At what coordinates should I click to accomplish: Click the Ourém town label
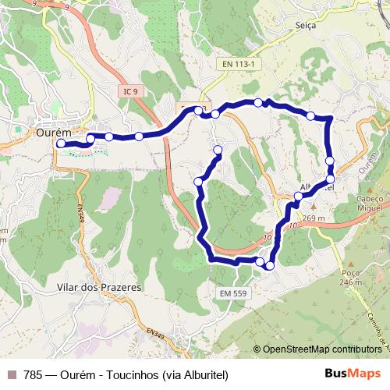click(53, 133)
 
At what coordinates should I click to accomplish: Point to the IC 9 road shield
click(130, 91)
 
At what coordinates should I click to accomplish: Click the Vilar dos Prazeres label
click(99, 287)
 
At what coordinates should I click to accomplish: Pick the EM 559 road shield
click(234, 292)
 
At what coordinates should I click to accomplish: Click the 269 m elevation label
click(314, 218)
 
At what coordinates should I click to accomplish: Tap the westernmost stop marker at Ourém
click(61, 144)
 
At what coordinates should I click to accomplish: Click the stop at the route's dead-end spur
click(218, 150)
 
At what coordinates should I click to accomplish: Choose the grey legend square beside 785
click(11, 374)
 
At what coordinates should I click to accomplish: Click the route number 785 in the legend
click(33, 374)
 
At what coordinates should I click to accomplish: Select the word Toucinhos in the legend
click(131, 374)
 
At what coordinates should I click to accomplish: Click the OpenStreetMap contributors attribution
click(320, 350)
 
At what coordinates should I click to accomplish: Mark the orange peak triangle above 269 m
click(313, 209)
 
